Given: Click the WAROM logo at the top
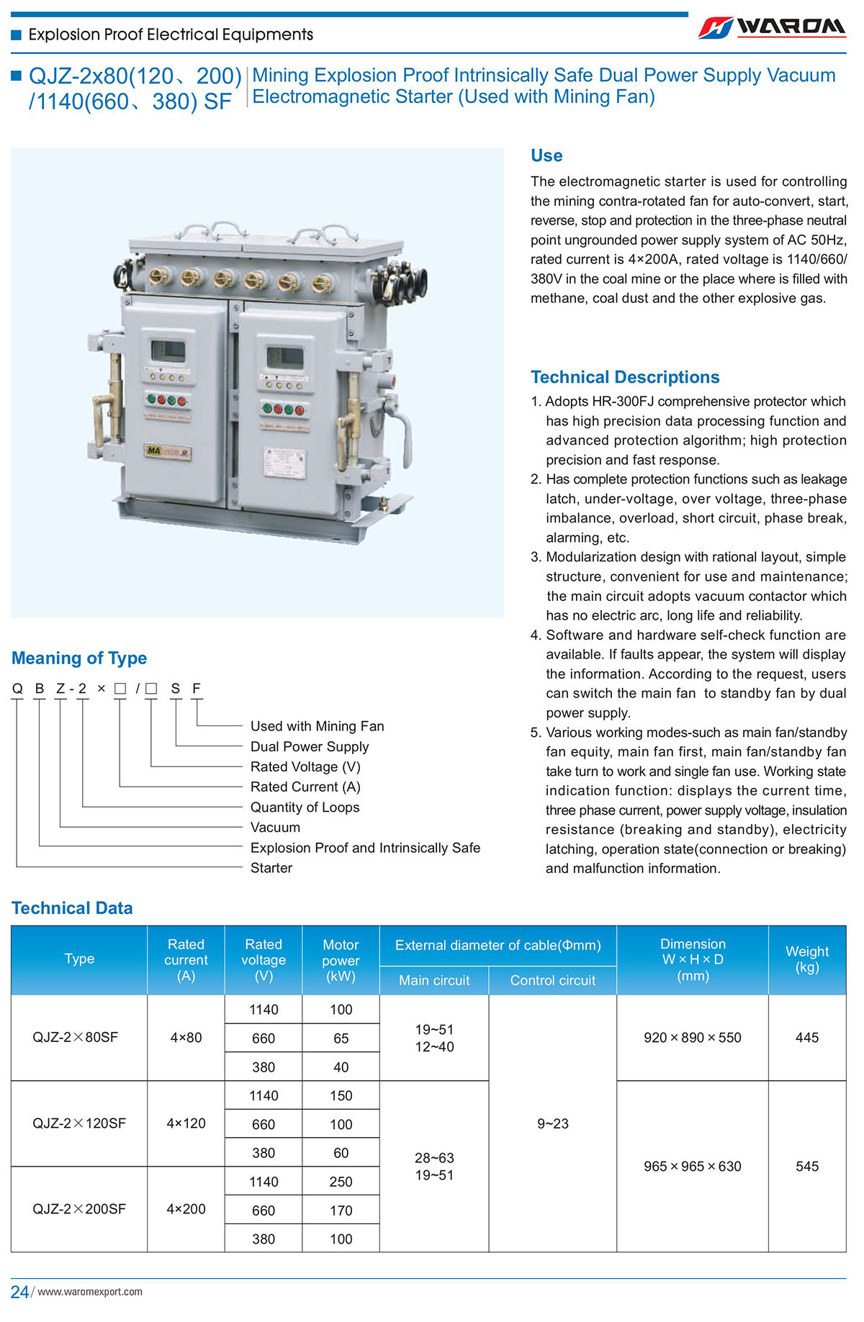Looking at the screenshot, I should (772, 27).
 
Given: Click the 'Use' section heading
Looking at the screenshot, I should (546, 155).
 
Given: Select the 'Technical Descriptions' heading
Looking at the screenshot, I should (624, 377).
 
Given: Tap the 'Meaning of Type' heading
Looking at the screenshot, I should (79, 658).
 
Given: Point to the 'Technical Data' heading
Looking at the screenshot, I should (72, 907).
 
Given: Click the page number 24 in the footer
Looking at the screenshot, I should (19, 1292).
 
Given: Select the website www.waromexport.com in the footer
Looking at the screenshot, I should (90, 1292).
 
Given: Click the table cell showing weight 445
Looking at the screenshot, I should (806, 1037).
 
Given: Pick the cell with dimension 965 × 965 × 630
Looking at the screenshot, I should (692, 1166).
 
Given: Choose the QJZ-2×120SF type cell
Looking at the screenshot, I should (79, 1123).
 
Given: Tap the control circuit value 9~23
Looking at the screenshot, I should (552, 1123).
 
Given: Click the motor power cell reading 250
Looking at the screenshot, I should (341, 1182).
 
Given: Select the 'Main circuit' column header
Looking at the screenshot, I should (434, 980).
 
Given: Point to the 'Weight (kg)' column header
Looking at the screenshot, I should (806, 959).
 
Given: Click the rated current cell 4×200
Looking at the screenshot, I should (186, 1209).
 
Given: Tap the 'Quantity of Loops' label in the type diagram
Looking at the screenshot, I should (305, 807).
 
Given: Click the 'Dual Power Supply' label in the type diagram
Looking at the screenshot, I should (310, 746).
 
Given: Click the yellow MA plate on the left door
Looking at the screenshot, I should (167, 451).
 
